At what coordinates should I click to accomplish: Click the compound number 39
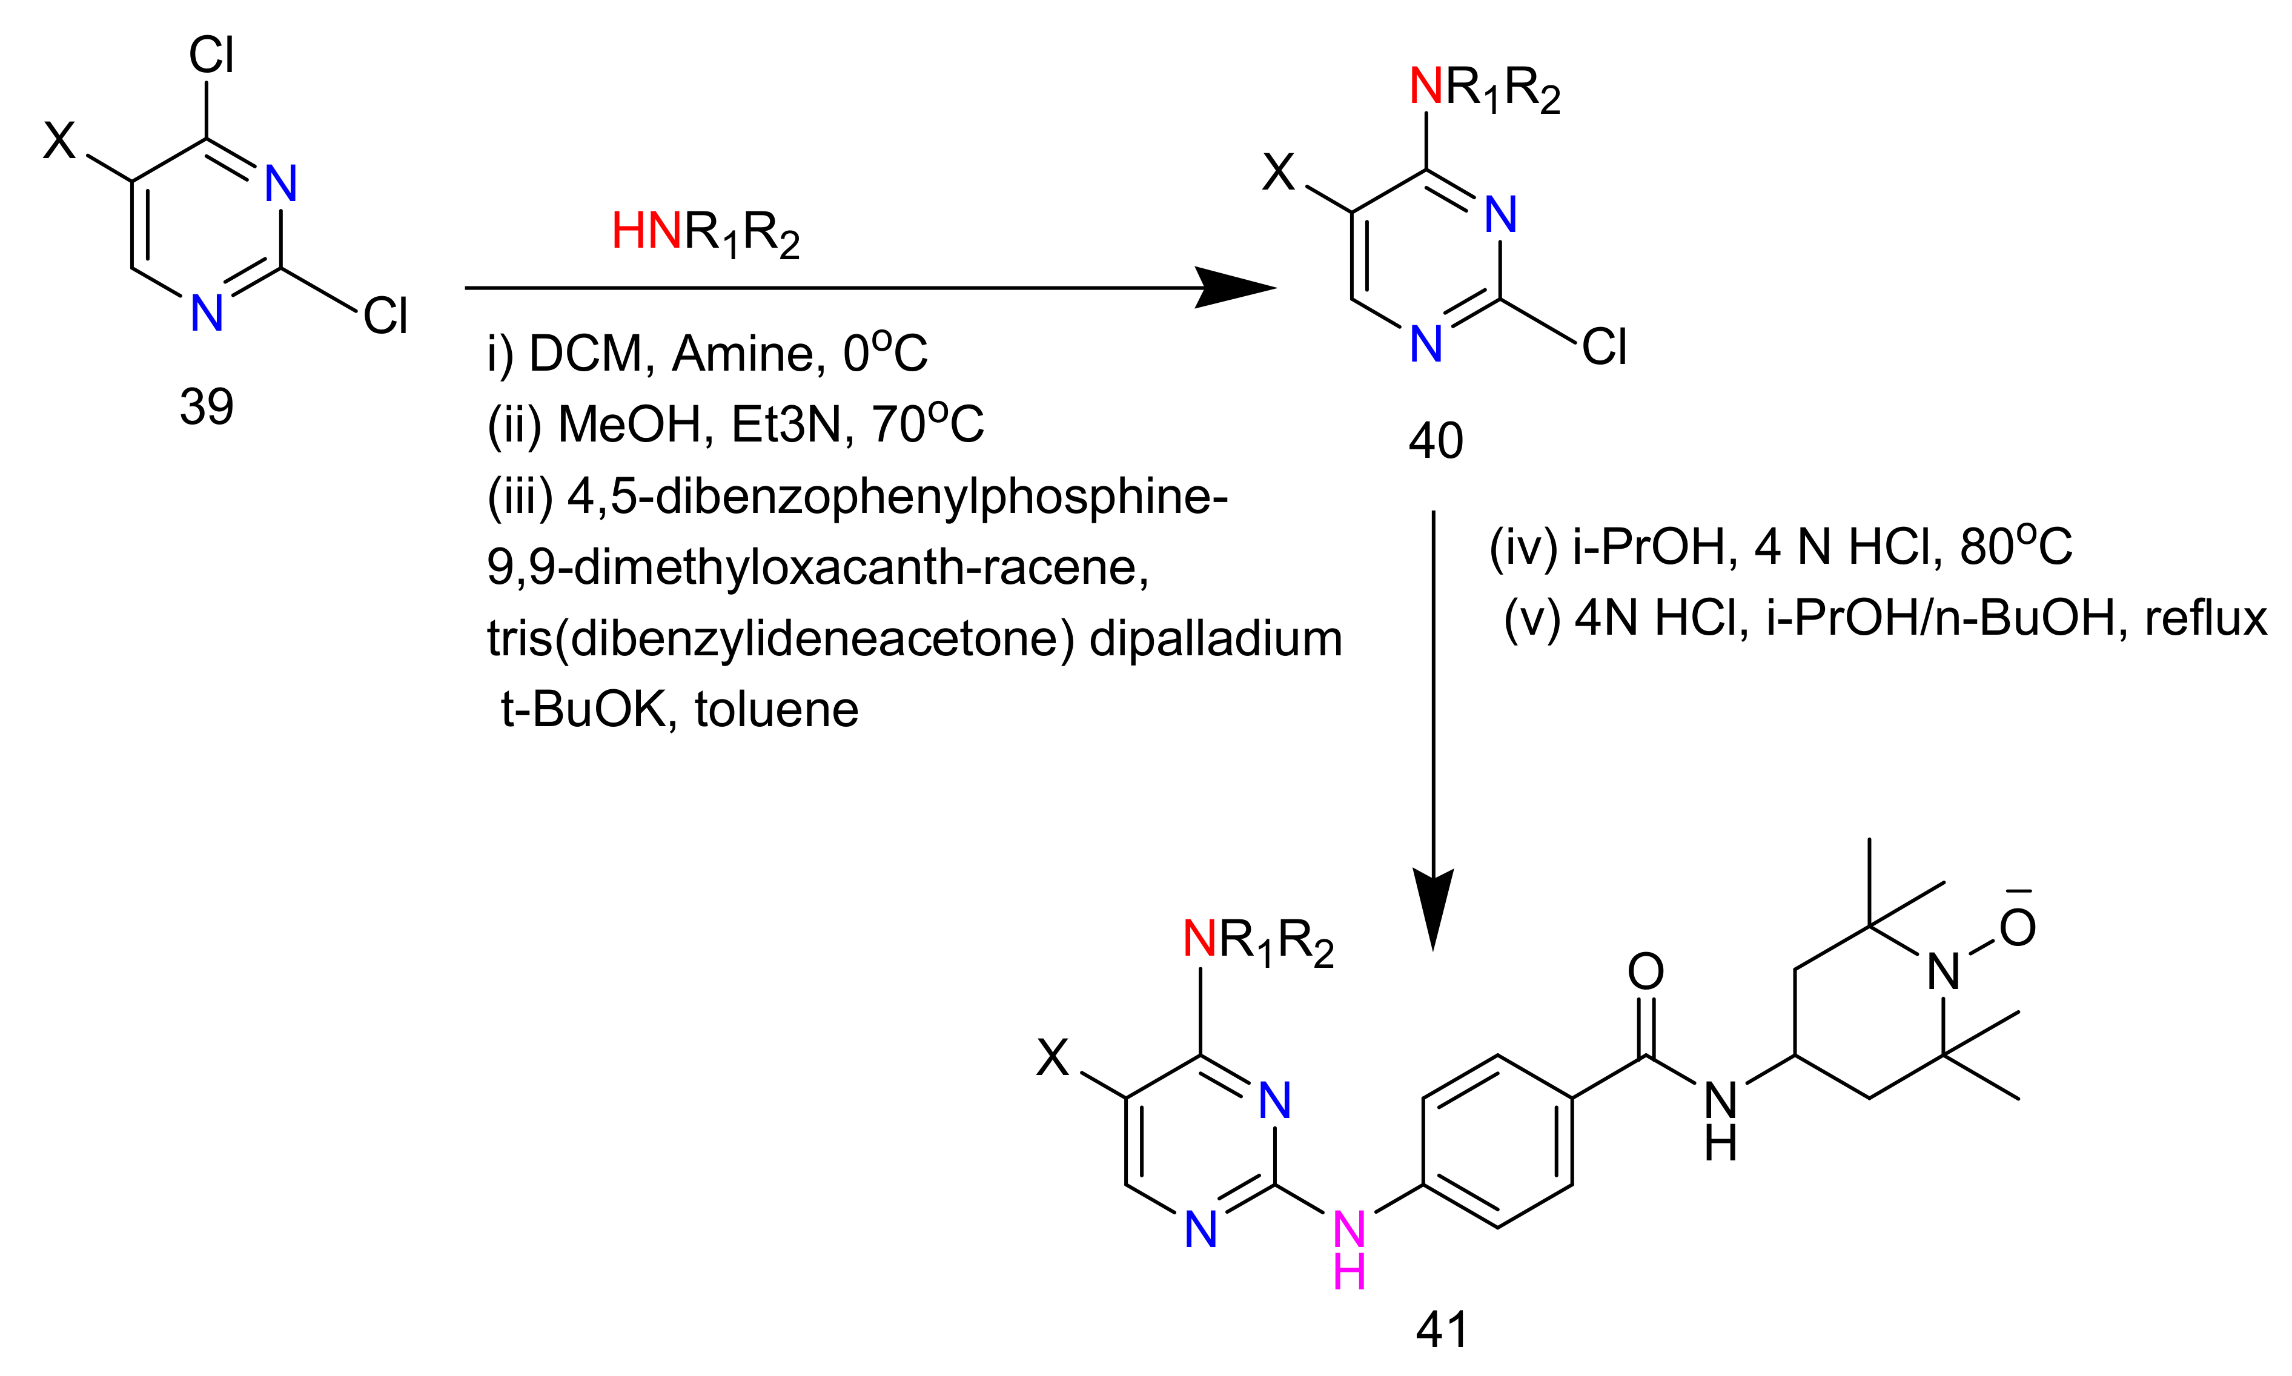tap(206, 407)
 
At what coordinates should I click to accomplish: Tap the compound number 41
tap(1442, 1329)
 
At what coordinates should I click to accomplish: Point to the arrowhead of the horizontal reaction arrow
tap(1238, 288)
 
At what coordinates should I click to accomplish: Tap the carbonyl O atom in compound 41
tap(1646, 971)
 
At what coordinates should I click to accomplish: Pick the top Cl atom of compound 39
tap(211, 56)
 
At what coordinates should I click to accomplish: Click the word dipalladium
tap(1216, 639)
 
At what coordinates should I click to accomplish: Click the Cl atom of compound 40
tap(1604, 348)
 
